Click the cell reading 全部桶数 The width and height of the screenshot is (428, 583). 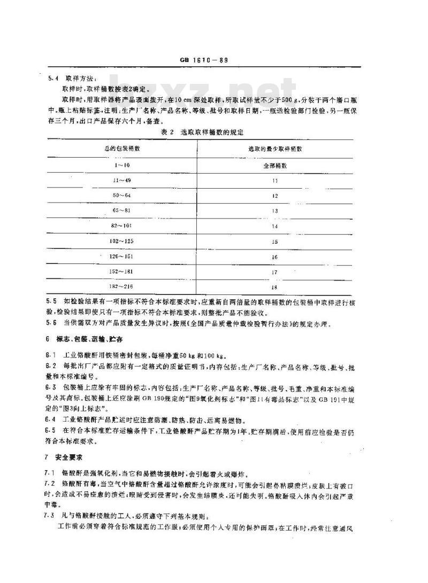tap(275, 166)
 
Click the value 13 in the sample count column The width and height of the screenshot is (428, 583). tap(275, 211)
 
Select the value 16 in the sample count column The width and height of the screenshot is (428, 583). tap(275, 257)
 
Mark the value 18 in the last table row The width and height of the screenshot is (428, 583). tap(275, 288)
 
